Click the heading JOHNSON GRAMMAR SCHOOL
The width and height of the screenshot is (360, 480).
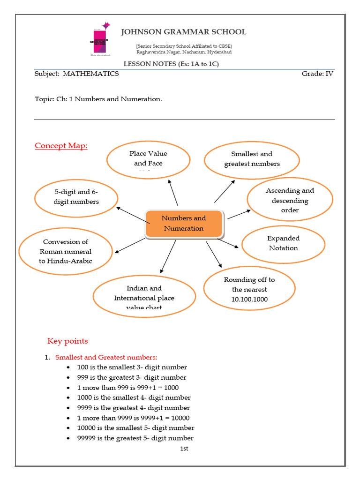click(x=183, y=32)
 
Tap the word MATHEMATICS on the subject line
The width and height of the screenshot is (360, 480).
click(x=91, y=74)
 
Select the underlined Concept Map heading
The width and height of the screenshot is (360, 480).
click(x=61, y=146)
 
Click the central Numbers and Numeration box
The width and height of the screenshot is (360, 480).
click(x=184, y=223)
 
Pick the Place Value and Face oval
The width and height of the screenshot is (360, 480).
click(x=148, y=159)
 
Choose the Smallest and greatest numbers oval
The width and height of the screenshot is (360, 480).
click(x=252, y=159)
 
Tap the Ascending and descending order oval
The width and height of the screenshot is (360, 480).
click(x=290, y=200)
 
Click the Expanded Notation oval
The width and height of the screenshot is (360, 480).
click(x=283, y=243)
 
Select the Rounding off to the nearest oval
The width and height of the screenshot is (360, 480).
click(x=249, y=289)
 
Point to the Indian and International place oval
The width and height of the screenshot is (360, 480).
click(x=144, y=296)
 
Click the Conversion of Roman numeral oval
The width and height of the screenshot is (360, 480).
click(x=66, y=251)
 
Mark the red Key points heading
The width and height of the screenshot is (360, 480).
click(x=67, y=341)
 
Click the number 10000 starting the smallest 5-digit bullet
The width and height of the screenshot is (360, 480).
click(x=86, y=428)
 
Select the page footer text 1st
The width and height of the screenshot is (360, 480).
click(x=184, y=449)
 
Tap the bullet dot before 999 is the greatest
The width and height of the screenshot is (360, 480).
click(x=69, y=378)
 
